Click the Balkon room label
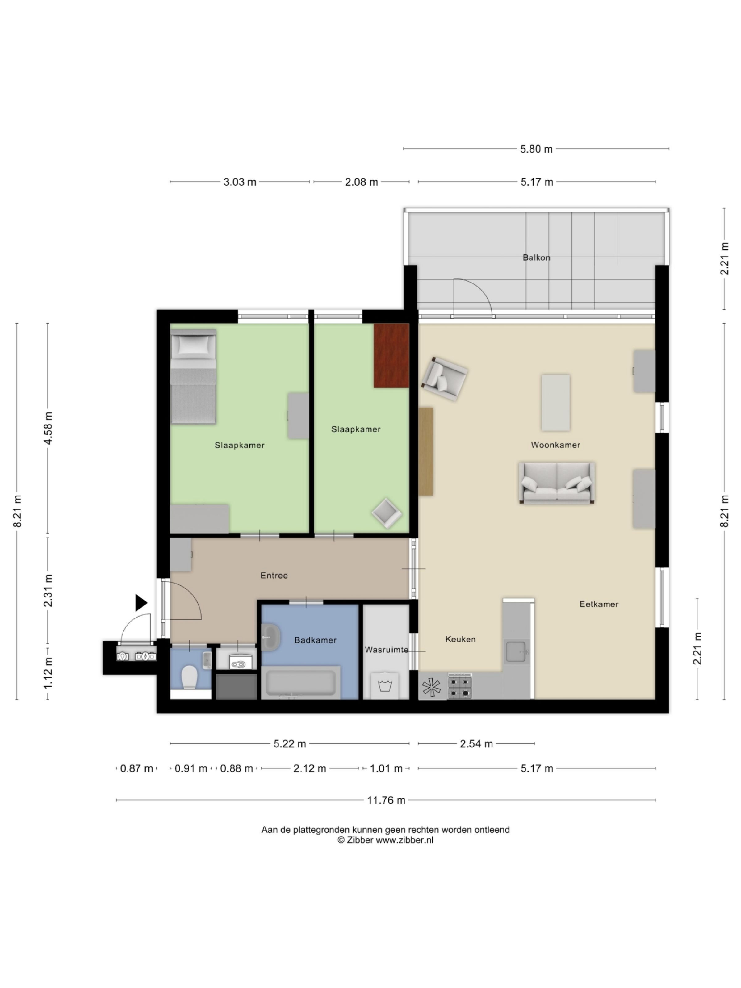(536, 258)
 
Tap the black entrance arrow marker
(141, 603)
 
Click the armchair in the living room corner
(444, 379)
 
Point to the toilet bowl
(190, 677)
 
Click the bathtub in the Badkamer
(300, 682)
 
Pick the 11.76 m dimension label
(386, 800)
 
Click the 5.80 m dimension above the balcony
(536, 149)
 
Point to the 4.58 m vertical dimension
(48, 428)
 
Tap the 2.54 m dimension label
(476, 744)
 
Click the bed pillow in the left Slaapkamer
(193, 345)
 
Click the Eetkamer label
(599, 604)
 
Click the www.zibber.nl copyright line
(385, 840)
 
